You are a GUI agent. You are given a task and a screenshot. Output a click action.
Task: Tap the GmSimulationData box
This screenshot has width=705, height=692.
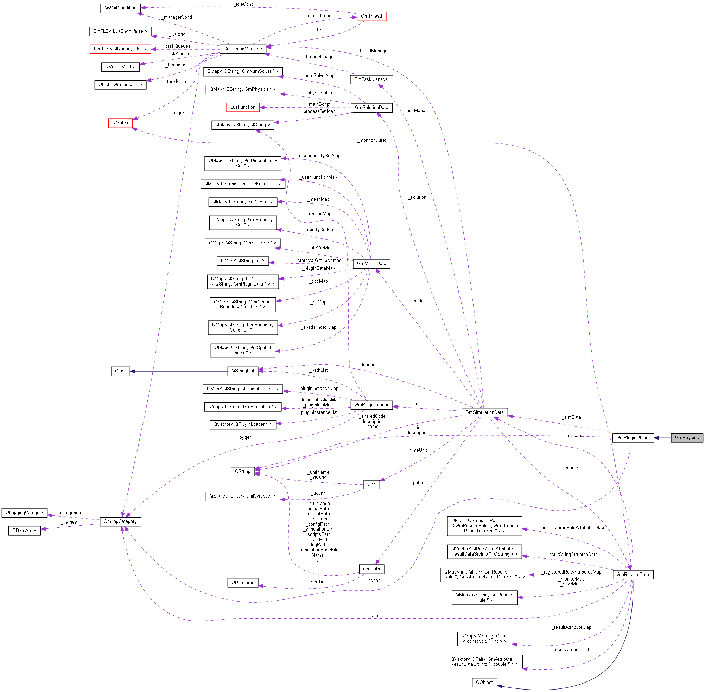click(x=484, y=412)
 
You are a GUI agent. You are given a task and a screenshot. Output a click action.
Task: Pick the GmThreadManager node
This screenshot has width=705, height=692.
click(x=242, y=49)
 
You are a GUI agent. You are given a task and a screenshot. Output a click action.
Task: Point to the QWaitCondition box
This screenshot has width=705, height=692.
click(x=120, y=8)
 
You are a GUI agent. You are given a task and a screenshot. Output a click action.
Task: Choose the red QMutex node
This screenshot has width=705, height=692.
click(x=120, y=123)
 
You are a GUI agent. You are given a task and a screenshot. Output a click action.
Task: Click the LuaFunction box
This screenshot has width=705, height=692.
click(x=242, y=107)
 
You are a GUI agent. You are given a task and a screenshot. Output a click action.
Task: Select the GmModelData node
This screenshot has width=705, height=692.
click(x=371, y=263)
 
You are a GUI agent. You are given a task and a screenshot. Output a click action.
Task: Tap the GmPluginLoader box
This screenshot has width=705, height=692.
click(x=371, y=404)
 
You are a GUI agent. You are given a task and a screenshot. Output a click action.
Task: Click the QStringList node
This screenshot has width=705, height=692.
click(x=242, y=371)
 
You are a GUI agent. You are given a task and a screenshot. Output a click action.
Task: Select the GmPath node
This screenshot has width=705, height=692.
click(x=371, y=569)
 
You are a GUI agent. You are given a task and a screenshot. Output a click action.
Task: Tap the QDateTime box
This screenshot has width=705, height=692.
click(x=242, y=583)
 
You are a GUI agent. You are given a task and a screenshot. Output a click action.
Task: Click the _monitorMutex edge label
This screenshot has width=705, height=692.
click(x=373, y=140)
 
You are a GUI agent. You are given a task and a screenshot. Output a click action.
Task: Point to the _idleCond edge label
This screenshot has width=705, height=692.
click(x=244, y=4)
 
